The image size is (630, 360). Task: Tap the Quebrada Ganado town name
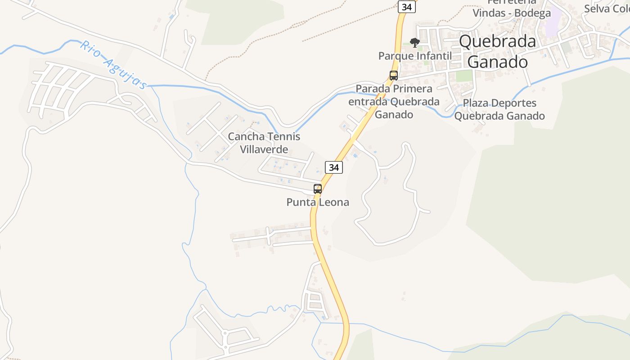(497, 51)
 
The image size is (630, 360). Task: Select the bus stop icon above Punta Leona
(318, 189)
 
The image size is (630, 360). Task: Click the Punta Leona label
(318, 202)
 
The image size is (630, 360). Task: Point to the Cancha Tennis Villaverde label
(264, 143)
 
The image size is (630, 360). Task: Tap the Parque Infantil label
(415, 56)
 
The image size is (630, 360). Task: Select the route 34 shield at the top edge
(407, 7)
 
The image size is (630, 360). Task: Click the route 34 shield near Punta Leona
(333, 167)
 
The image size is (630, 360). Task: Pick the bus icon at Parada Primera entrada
(394, 76)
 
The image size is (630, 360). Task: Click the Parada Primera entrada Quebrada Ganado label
(394, 102)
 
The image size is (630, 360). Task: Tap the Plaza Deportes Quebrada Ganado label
(499, 109)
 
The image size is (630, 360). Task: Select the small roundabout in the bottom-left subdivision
(225, 333)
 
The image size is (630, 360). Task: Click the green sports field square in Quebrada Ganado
(463, 76)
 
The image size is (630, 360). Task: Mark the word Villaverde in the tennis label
(264, 149)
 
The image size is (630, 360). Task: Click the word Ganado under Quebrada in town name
(497, 62)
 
